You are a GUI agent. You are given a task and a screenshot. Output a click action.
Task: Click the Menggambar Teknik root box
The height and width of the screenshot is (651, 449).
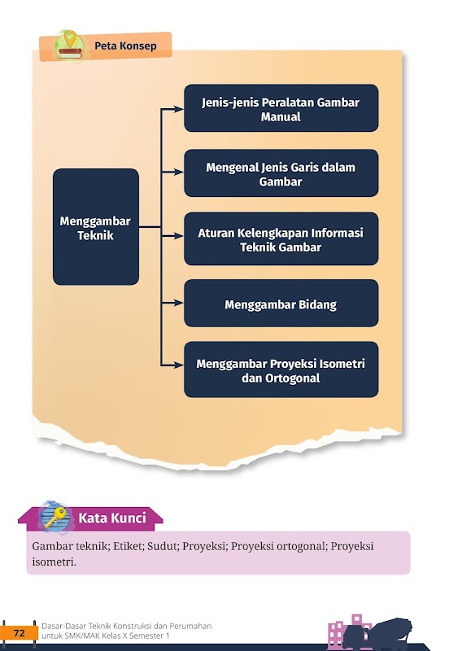(96, 227)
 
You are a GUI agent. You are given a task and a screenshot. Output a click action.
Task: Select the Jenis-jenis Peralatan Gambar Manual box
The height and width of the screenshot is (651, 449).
(281, 108)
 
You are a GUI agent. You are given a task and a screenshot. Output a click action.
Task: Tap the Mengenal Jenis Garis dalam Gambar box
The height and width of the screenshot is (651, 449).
(281, 173)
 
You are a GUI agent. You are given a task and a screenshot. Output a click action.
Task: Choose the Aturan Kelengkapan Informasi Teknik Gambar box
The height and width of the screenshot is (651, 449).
(281, 238)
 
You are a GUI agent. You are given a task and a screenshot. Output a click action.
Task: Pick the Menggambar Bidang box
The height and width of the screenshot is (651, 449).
(281, 303)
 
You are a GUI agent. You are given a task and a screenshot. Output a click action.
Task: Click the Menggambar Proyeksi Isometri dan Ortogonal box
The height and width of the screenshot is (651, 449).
(281, 369)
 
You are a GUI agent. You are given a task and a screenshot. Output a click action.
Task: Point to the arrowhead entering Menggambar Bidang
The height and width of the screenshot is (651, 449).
(179, 303)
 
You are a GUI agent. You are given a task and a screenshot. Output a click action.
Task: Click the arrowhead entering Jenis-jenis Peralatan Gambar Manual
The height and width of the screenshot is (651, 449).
(179, 109)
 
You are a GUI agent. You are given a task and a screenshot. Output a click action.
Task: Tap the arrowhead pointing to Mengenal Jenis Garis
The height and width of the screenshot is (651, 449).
(179, 172)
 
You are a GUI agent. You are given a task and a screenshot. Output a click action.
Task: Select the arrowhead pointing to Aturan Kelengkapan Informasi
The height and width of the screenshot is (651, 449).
(179, 236)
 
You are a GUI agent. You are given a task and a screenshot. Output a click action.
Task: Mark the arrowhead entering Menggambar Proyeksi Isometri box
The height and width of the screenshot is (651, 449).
(179, 365)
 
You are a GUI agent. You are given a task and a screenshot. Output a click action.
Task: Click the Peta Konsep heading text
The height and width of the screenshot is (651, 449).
(125, 46)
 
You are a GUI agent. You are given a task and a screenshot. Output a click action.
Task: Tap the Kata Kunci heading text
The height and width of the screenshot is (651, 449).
(112, 518)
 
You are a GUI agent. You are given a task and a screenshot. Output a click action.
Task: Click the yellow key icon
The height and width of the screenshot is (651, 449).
(55, 518)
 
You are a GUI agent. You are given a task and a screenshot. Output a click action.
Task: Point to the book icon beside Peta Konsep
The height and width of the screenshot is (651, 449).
(71, 46)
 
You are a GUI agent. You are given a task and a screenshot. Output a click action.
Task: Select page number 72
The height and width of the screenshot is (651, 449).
(20, 633)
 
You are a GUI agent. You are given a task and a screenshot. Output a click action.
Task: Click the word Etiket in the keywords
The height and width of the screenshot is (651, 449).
(129, 546)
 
